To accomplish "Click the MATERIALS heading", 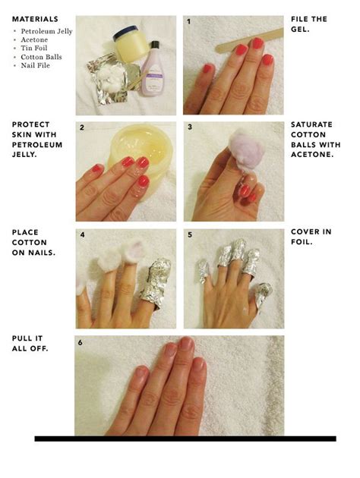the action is tap(35, 19).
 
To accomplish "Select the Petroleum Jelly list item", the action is tap(46, 31).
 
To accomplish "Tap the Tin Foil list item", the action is tap(34, 48).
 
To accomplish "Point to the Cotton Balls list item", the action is tap(41, 57).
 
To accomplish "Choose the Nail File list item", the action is tap(35, 65).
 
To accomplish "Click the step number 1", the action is tap(189, 22).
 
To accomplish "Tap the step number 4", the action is tap(82, 234).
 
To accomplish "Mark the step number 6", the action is tap(80, 343).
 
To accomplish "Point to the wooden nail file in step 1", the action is tap(249, 40).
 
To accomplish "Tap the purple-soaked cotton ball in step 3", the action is tap(248, 148).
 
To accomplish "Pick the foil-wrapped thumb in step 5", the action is tap(262, 297).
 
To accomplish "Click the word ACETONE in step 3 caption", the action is tap(311, 155).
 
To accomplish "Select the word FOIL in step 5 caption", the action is tap(301, 242).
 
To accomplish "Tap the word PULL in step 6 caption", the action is tap(24, 338).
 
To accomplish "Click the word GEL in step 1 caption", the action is tap(299, 30).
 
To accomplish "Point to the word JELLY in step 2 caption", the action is tap(24, 155).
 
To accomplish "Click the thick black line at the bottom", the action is tap(185, 439).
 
